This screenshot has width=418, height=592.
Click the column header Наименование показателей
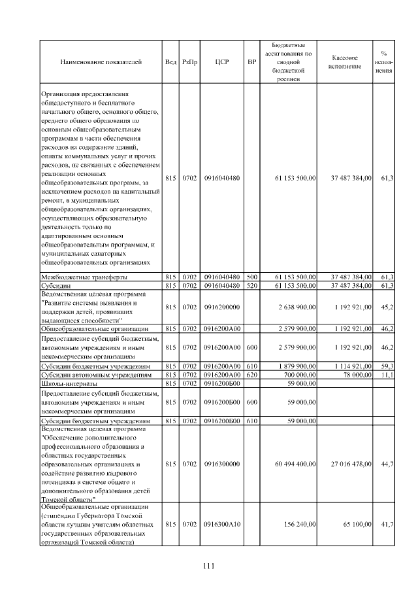[x=101, y=62]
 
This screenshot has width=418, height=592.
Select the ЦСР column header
[x=221, y=62]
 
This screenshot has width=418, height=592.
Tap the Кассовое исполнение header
[x=345, y=62]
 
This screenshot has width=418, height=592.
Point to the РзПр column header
[x=190, y=62]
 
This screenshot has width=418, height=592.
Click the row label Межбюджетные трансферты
[x=80, y=277]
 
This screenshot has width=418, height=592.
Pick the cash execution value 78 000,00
[x=355, y=375]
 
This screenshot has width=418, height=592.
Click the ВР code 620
[x=251, y=375]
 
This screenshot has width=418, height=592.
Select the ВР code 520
[x=251, y=286]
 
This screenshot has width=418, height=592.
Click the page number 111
[x=208, y=566]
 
